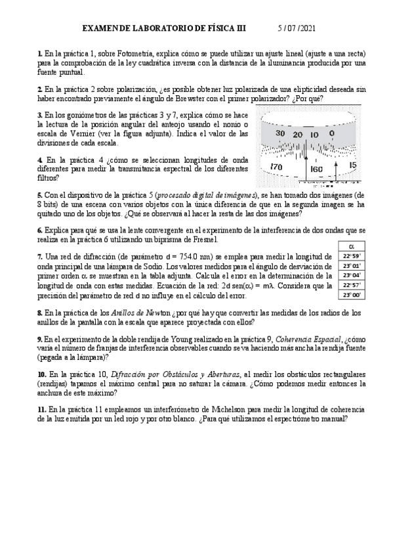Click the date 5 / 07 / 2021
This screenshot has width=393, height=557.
[298, 29]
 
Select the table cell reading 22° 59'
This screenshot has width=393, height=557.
[352, 256]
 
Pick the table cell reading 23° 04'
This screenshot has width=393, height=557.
[352, 276]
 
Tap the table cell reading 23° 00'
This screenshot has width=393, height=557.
[352, 296]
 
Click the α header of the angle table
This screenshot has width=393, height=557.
[352, 246]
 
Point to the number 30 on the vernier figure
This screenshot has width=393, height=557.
[280, 134]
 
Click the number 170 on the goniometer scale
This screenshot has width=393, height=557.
[277, 168]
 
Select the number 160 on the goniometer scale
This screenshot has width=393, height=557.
[316, 169]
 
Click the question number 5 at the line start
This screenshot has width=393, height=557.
[39, 196]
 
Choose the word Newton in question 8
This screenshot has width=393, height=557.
[152, 313]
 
